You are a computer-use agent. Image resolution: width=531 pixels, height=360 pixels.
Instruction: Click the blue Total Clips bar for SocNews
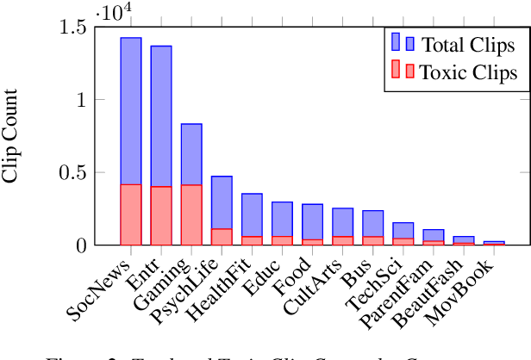(131, 110)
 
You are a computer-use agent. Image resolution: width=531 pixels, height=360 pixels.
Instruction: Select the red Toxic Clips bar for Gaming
(191, 214)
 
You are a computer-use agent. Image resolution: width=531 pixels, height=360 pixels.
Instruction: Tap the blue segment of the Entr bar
(161, 115)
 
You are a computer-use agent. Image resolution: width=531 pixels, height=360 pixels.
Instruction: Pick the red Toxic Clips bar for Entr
(161, 215)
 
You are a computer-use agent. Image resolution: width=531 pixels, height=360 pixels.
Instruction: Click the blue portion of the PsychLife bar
(222, 202)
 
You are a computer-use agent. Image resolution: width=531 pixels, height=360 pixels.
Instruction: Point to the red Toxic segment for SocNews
(131, 214)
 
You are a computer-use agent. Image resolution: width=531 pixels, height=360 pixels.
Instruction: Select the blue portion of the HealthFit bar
(252, 214)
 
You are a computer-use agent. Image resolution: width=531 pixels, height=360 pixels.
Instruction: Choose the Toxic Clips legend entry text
(469, 72)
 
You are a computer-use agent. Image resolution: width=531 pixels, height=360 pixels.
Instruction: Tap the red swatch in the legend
(403, 71)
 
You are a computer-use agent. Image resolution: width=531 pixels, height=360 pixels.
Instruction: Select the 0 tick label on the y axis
(81, 245)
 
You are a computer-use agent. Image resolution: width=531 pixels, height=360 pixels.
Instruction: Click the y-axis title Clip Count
(12, 136)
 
